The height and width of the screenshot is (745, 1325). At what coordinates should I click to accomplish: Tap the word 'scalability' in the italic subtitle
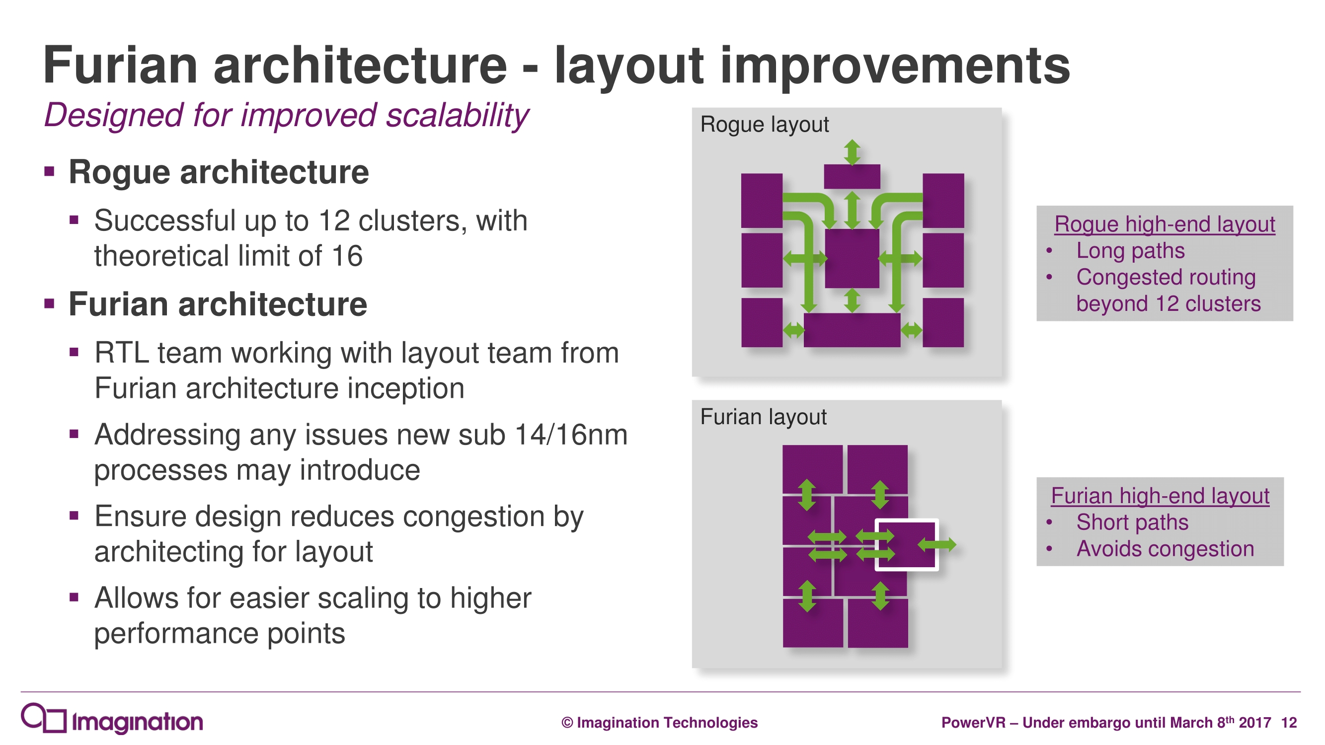coord(457,115)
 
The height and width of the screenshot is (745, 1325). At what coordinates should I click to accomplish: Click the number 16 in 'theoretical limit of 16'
coord(347,255)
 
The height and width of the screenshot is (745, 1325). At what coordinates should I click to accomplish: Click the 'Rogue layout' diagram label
coord(764,125)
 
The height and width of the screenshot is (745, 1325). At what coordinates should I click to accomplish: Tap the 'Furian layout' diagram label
coord(763,417)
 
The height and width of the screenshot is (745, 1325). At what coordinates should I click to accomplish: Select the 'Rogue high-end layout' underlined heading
coord(1165,224)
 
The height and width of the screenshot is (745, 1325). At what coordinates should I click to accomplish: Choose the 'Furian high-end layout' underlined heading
coord(1160,496)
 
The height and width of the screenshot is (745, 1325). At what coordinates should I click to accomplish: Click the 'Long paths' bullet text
coord(1130,251)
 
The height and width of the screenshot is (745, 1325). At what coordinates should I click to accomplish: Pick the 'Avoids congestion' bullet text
coord(1165,549)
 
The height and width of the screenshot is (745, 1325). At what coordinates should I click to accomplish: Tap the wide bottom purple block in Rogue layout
coord(852,330)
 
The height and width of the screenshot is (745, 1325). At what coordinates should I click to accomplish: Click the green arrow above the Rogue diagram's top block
coord(853,152)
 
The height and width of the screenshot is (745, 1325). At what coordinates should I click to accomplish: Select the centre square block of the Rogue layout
coord(852,258)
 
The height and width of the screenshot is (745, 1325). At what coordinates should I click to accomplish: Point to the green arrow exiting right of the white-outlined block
coord(936,544)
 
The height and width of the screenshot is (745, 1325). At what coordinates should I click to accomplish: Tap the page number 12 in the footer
coord(1288,723)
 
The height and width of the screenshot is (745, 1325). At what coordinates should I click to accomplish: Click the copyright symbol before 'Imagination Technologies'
coord(567,723)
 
